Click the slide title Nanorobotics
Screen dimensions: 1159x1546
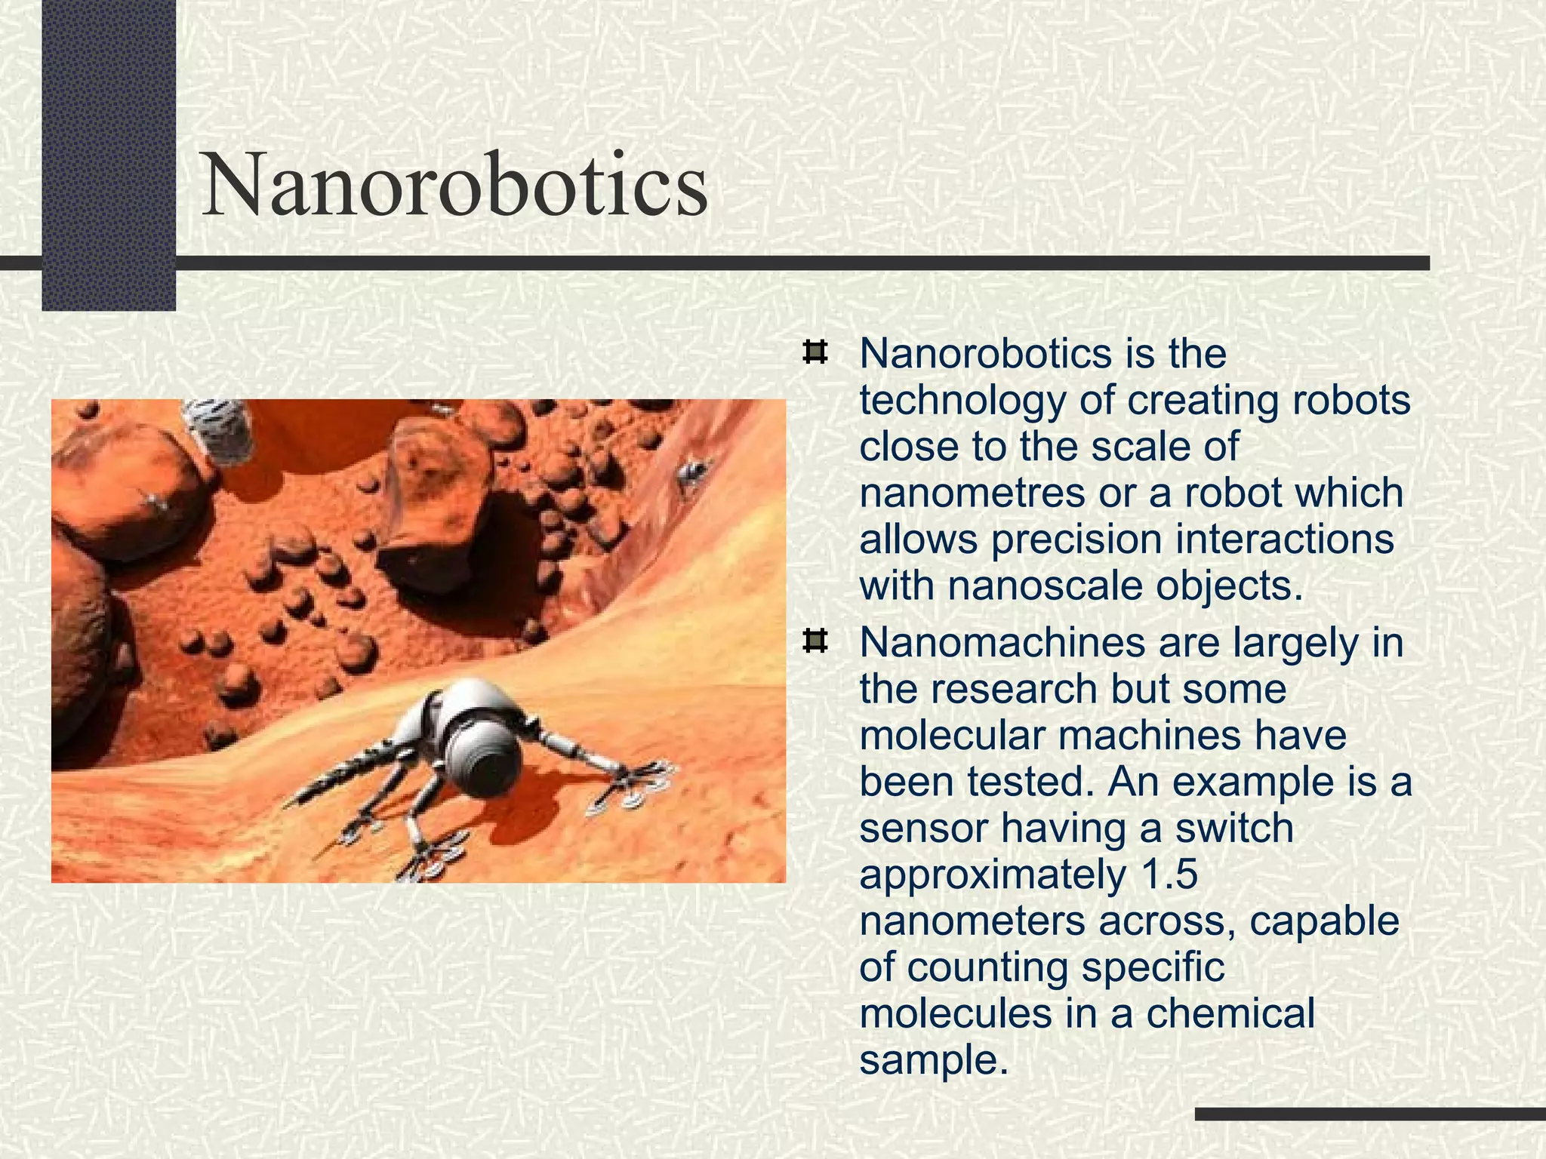tap(455, 184)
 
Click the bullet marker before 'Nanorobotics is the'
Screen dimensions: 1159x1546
tap(815, 353)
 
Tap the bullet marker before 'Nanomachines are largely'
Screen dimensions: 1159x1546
tap(815, 642)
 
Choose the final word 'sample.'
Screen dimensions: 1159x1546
tap(934, 1060)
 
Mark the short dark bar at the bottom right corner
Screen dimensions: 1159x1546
tap(1369, 1114)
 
